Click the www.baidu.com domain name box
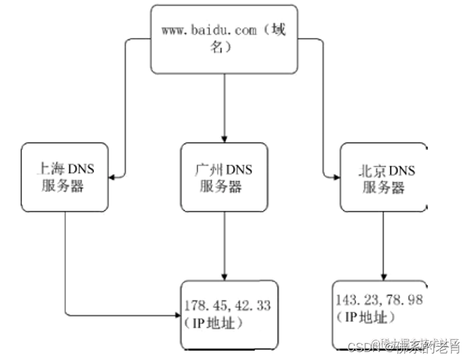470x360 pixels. click(x=224, y=39)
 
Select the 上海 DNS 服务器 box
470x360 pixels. click(x=64, y=177)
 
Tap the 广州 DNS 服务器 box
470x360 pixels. click(x=225, y=177)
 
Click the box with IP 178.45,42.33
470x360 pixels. click(x=229, y=315)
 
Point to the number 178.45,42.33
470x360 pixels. click(x=227, y=305)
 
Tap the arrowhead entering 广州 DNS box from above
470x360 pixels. click(x=225, y=138)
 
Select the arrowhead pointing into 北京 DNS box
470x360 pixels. click(x=335, y=177)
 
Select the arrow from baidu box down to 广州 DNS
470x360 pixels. click(x=225, y=107)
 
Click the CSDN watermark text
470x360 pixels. click(x=360, y=347)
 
